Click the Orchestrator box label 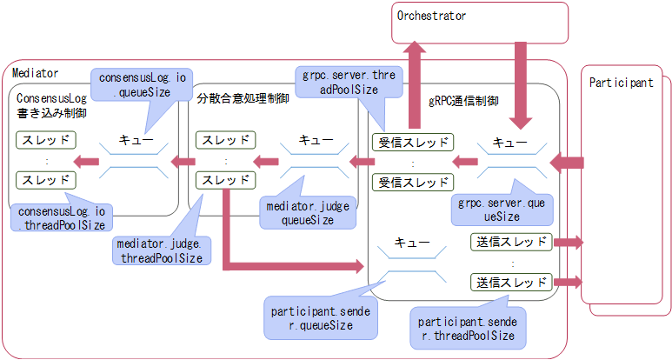431,17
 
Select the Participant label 621,83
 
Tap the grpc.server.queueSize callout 500,210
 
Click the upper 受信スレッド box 413,143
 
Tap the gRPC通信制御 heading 463,101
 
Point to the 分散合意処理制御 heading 243,99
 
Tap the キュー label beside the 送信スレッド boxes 412,243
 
